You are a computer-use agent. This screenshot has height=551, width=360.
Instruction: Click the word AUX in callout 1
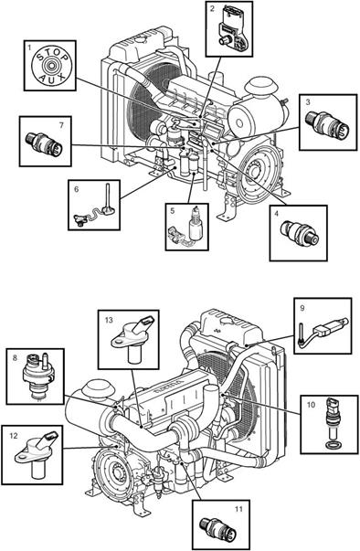(x=51, y=77)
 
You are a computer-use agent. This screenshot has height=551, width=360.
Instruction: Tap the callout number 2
(x=212, y=9)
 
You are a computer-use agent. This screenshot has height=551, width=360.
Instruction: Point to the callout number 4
(x=277, y=214)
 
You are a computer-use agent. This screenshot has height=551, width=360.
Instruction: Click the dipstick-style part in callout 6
(x=94, y=207)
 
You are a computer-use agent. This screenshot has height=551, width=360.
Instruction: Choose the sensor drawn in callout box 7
(x=44, y=143)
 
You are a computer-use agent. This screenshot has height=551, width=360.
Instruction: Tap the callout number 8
(x=15, y=357)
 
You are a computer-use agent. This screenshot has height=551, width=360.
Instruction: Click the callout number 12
(x=14, y=436)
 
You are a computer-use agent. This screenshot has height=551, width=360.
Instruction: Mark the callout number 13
(x=109, y=320)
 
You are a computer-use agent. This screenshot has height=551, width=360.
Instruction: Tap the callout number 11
(x=238, y=509)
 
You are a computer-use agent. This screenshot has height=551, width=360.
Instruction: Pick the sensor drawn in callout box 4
(x=301, y=233)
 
